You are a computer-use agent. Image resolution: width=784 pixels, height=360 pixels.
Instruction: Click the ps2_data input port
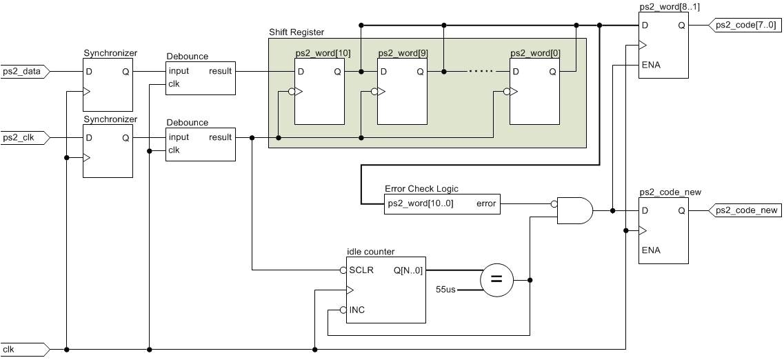point(23,72)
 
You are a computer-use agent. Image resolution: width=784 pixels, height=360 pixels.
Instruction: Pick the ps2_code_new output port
point(746,210)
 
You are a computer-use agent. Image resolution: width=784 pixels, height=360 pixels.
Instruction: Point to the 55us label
point(446,289)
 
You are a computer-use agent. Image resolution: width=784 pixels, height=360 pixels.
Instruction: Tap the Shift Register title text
point(296,32)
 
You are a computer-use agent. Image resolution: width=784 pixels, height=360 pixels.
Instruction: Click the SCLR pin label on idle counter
point(362,270)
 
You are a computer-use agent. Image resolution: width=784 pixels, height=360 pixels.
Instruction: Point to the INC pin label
point(357,310)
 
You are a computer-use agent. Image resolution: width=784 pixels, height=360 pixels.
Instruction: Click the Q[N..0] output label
point(408,270)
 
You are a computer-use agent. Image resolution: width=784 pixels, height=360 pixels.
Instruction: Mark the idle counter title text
point(370,252)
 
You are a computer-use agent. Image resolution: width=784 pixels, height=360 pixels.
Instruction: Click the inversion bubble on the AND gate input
point(554,204)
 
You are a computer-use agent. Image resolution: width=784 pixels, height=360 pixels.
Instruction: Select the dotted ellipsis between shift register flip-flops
point(476,71)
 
